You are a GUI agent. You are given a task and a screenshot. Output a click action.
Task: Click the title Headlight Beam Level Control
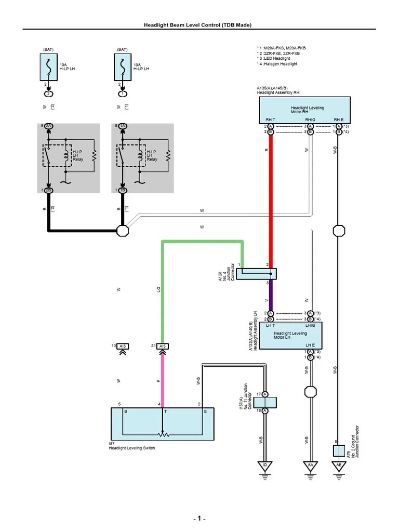coord(199,24)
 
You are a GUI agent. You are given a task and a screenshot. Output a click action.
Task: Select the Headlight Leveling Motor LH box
coord(290,335)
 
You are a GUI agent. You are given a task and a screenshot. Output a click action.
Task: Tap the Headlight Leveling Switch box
coord(162,423)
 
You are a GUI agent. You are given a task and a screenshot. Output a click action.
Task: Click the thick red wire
coord(271,197)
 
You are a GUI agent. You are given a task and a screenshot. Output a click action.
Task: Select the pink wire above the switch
coord(163,379)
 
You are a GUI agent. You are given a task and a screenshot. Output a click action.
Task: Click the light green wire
coord(203,242)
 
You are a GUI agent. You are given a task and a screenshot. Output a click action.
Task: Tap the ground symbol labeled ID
coord(265,465)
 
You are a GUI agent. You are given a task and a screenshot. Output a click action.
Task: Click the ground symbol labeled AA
coord(310,465)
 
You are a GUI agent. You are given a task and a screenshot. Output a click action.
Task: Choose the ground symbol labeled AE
coord(339,465)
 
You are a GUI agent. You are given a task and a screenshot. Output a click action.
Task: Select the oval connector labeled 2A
coord(48,126)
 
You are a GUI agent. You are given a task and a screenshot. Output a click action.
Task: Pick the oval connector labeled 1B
coord(123,190)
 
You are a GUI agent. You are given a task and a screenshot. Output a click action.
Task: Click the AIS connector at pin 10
coord(123,346)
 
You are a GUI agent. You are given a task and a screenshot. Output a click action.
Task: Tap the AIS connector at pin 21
coord(163,346)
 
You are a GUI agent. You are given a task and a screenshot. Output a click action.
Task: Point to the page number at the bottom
coord(199,519)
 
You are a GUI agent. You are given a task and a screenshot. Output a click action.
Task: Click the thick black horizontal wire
coord(83,231)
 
